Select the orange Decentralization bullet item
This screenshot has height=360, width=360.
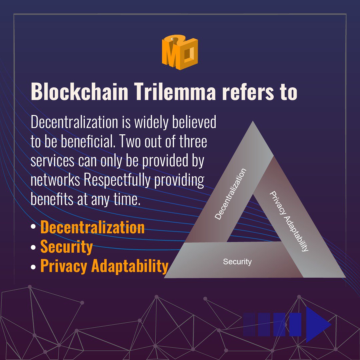(92, 228)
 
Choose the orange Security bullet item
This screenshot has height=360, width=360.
(66, 247)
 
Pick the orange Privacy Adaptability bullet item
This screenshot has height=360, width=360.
(104, 266)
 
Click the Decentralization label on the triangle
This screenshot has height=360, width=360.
(231, 194)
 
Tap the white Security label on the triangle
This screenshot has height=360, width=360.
(237, 262)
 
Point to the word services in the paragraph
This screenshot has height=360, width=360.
(52, 161)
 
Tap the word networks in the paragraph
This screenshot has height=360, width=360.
(55, 180)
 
